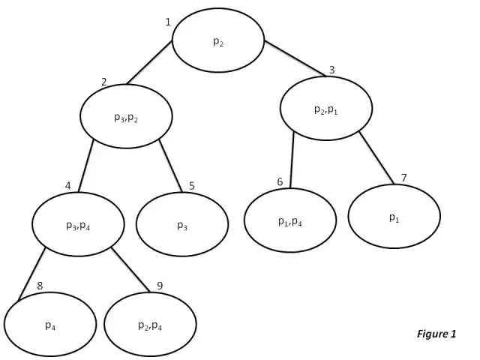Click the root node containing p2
(218, 40)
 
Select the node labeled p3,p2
(127, 116)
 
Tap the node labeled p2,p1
(326, 109)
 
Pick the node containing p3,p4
(78, 223)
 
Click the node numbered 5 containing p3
(182, 224)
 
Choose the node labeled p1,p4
(290, 220)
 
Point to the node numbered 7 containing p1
(394, 216)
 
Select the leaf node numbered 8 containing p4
(49, 325)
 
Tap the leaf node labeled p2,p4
(150, 325)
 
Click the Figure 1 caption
(436, 334)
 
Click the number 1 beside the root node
(168, 22)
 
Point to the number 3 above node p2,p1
(331, 70)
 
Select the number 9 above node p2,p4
(159, 286)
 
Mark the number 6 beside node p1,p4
(280, 181)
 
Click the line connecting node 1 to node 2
(151, 62)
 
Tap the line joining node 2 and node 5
(171, 164)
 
